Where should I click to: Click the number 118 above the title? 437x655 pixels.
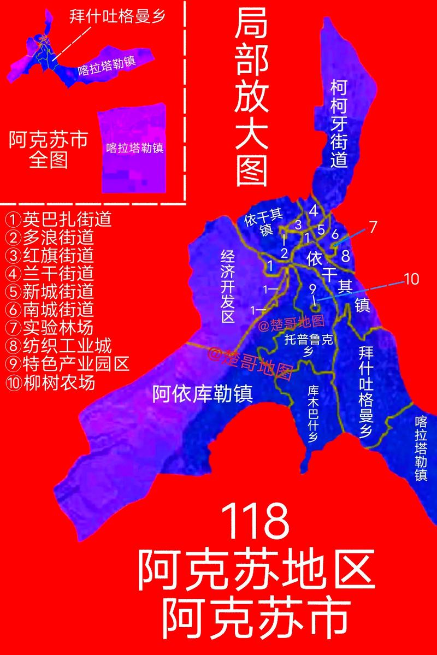[256, 522]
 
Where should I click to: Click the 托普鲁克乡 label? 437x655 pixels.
[309, 345]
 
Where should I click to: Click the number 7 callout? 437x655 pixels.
[373, 227]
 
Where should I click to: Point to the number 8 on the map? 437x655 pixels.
[345, 255]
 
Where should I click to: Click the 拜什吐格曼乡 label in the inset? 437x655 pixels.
[117, 15]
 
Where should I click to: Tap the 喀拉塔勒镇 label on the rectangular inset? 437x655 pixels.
[135, 148]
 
